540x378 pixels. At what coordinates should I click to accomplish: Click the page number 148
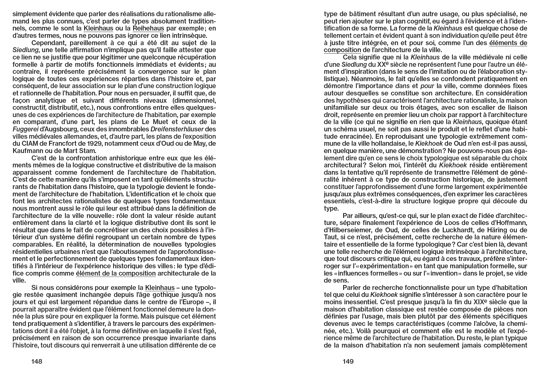37,362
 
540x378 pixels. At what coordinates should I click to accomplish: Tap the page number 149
348,362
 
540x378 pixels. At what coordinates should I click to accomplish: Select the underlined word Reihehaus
148,29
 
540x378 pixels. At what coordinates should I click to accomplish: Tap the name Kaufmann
27,151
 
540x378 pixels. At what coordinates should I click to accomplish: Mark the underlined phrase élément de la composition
116,273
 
